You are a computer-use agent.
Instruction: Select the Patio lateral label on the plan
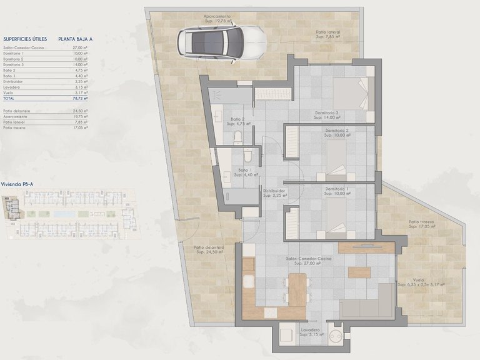[x=329, y=32]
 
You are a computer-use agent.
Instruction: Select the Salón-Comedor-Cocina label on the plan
[x=309, y=258]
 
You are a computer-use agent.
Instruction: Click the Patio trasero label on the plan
[x=421, y=222]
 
